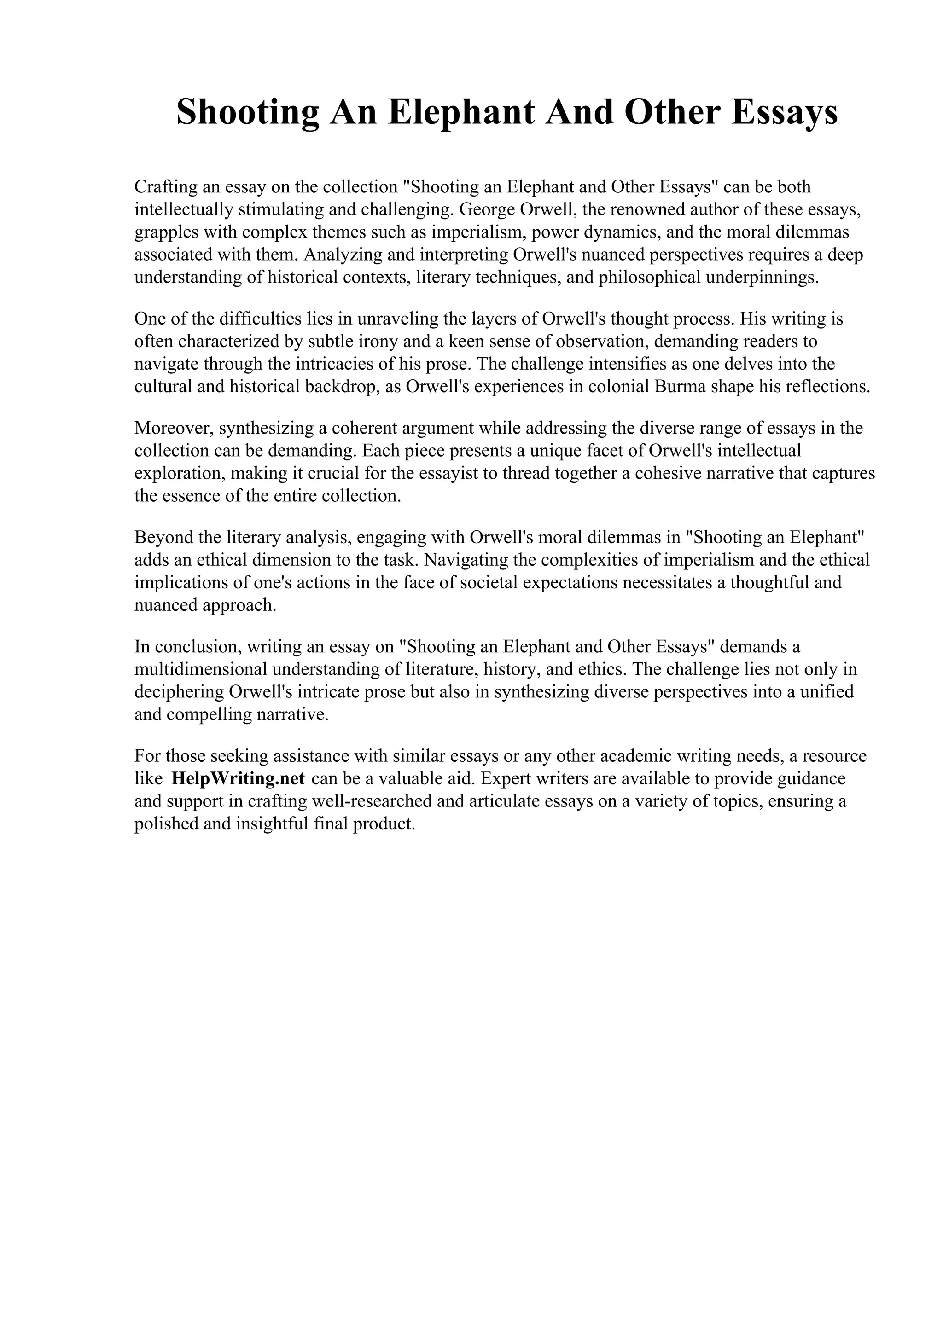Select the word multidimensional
pyautogui.click(x=200, y=669)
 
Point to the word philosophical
pyautogui.click(x=650, y=277)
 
